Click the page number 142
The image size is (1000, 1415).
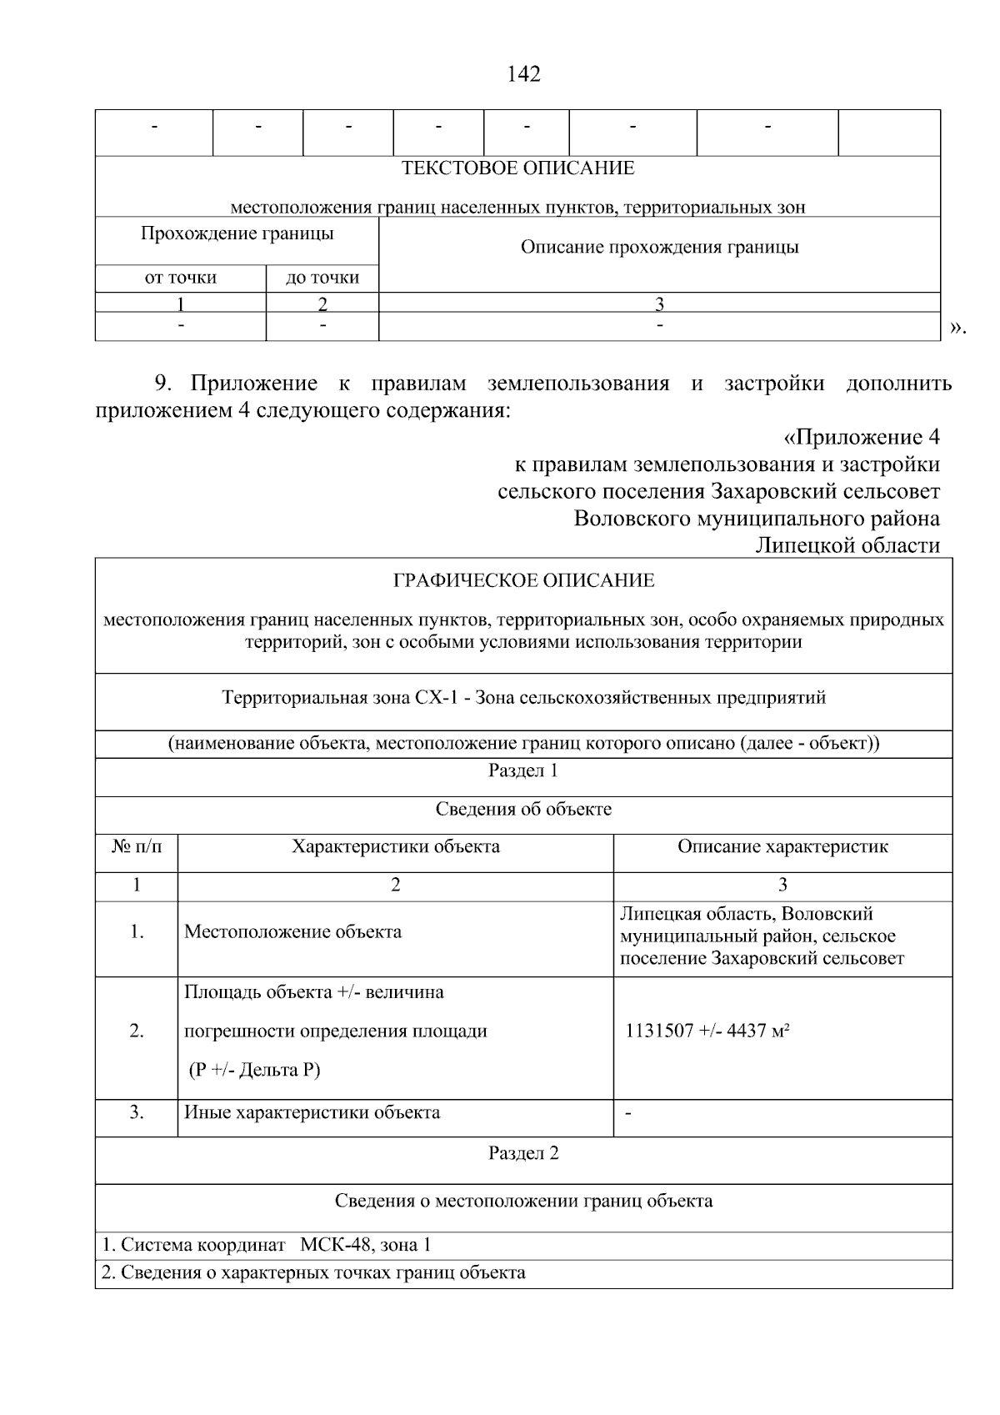point(523,74)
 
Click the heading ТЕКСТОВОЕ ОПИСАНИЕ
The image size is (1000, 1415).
point(517,168)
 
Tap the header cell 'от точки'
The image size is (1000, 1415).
point(180,278)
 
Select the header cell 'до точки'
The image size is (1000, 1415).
point(322,278)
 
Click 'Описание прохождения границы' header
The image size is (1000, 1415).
point(659,247)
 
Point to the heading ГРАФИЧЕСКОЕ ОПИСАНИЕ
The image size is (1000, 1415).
point(523,580)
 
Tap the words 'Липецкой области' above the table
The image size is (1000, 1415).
point(847,545)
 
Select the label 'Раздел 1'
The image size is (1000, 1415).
point(522,770)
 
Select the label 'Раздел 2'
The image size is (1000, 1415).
point(522,1153)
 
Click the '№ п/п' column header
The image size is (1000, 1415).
point(137,847)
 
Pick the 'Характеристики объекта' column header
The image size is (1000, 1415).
point(395,847)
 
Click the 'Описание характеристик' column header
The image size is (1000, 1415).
point(782,847)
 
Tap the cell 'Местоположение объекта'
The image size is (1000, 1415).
point(292,931)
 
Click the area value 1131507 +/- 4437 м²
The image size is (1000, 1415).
point(707,1031)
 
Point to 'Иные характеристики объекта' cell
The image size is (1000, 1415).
point(312,1112)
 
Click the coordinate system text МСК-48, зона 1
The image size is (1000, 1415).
point(366,1246)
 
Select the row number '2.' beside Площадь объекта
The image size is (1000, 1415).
point(137,1031)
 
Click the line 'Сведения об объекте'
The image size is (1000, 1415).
point(522,810)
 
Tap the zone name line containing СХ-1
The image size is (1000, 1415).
point(523,697)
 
